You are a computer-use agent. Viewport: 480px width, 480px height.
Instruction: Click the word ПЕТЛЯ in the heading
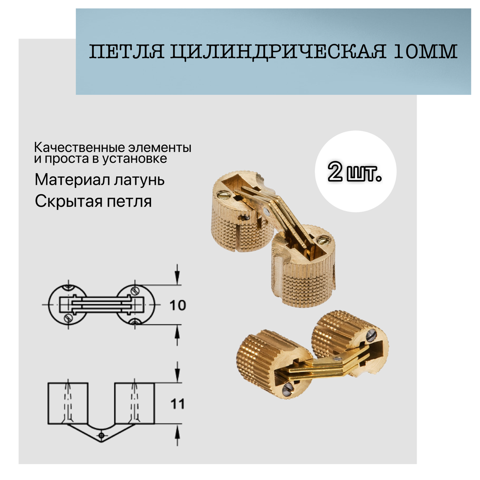[127, 52]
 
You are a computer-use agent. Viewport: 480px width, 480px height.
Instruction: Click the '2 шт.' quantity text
[355, 173]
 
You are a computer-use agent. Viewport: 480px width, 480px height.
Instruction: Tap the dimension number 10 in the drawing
[177, 305]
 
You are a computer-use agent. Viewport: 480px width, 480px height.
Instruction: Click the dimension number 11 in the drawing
[177, 404]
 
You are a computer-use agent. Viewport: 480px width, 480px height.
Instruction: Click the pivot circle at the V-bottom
[100, 435]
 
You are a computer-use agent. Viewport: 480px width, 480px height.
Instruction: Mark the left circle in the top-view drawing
[68, 304]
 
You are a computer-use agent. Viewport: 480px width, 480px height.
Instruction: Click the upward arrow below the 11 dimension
[177, 435]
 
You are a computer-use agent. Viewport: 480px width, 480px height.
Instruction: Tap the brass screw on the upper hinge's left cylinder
[223, 193]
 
